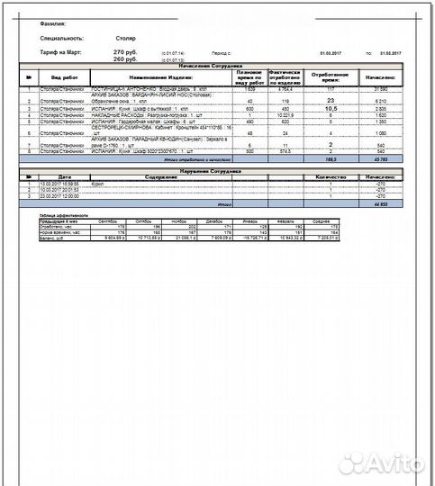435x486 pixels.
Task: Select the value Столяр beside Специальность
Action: (x=125, y=39)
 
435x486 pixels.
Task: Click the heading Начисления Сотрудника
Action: (x=217, y=67)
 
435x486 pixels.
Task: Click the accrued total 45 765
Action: (x=379, y=158)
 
